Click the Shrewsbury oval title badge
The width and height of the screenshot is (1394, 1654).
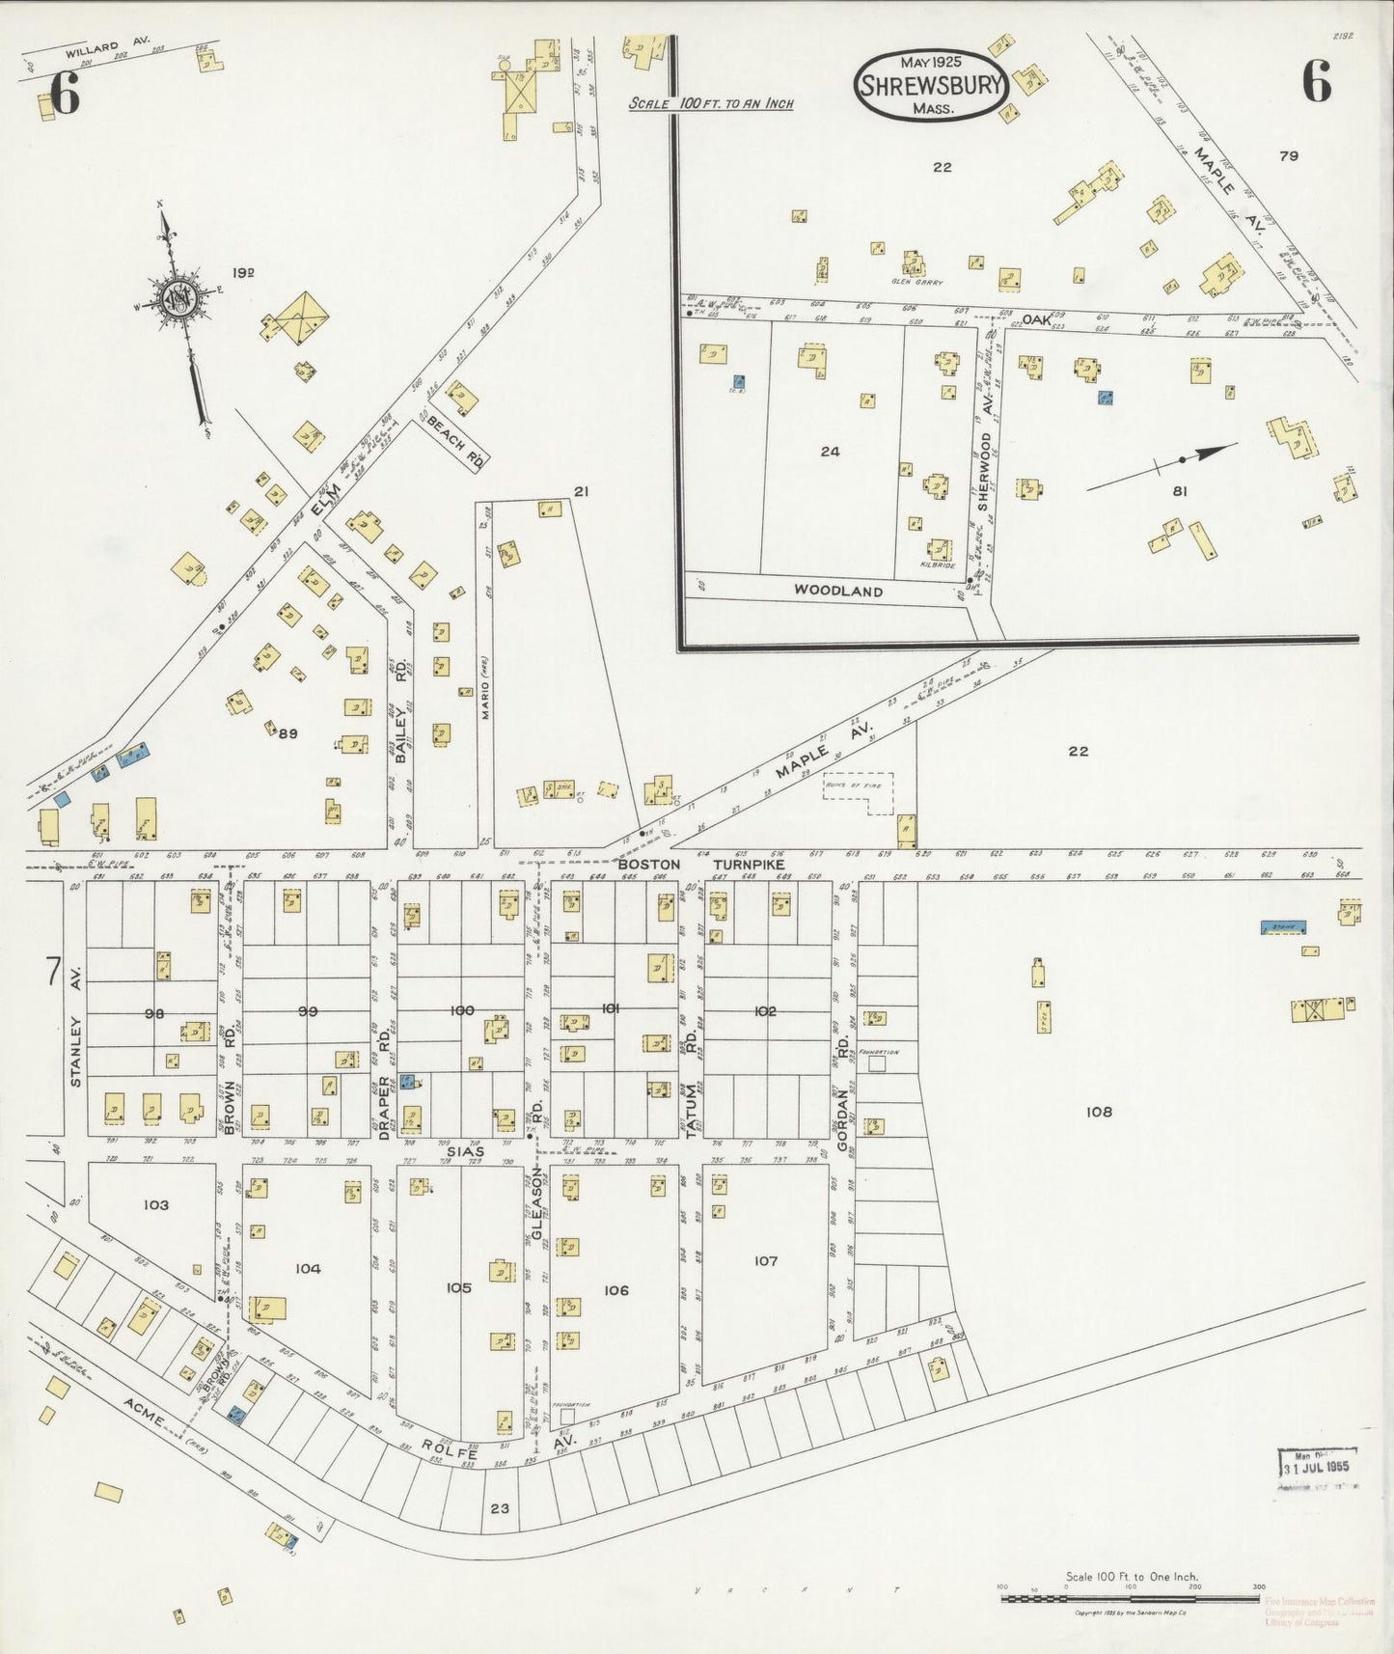931,85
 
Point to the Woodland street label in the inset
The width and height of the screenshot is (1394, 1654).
837,591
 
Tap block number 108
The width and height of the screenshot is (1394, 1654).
1099,1112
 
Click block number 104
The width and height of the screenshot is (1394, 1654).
308,1269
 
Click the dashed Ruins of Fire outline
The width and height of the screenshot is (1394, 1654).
858,793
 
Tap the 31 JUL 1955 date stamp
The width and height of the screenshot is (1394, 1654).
1317,1466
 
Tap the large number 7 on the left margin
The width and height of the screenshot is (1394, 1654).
53,972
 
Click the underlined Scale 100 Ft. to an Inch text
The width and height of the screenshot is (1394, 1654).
711,103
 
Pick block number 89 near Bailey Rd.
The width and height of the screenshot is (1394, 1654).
287,733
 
